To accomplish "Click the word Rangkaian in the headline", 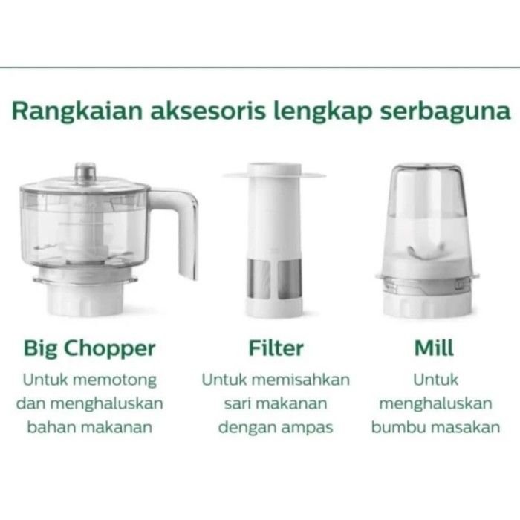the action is click(x=77, y=111).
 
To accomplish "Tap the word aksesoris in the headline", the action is click(x=208, y=111).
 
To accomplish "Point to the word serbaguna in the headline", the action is click(x=445, y=112).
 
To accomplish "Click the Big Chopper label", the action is click(x=90, y=349).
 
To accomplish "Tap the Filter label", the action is click(x=276, y=348).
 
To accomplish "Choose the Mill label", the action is click(x=434, y=348).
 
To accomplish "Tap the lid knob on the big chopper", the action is click(x=85, y=172).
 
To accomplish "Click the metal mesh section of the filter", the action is click(x=274, y=279).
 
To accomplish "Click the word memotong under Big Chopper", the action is click(x=114, y=380).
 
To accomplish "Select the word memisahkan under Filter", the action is click(x=304, y=380).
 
